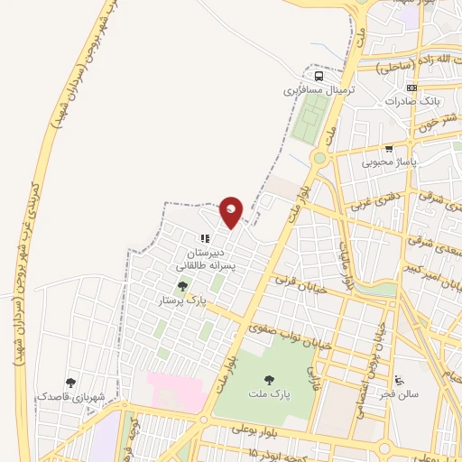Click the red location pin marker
coord(232,211)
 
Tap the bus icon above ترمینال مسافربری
coord(317,76)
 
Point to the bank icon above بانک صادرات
coord(412,88)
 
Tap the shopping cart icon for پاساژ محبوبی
coord(389,149)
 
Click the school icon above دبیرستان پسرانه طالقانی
coord(205,238)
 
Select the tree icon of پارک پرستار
coord(183,286)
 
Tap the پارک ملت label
coord(267,394)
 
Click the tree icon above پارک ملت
coord(267,380)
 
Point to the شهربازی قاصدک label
coord(71,396)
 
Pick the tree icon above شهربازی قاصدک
coord(71,383)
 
